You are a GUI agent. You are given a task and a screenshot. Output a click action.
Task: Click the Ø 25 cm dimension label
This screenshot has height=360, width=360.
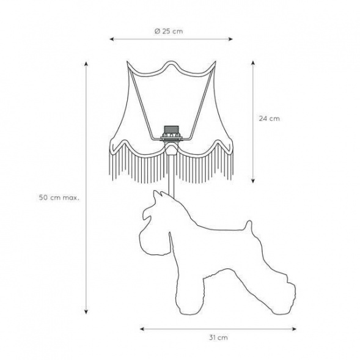[x=169, y=31]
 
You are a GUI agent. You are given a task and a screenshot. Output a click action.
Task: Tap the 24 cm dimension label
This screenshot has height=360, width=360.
[x=270, y=119]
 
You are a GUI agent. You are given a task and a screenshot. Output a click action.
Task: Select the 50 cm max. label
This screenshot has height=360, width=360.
[x=59, y=197]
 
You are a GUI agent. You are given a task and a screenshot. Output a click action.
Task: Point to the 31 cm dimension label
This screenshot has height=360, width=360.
[x=218, y=338]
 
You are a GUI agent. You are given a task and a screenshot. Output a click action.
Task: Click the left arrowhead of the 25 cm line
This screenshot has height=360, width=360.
[x=112, y=39]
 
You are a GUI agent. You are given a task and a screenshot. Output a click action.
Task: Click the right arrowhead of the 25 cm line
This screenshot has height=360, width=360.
[x=230, y=39]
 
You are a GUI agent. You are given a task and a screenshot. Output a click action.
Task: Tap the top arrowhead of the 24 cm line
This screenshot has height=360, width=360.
[x=253, y=63]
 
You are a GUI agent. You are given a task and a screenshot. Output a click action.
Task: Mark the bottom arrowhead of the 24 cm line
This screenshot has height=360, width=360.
[x=253, y=181]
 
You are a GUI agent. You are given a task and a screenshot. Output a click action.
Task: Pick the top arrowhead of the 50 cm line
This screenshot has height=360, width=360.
[x=86, y=64]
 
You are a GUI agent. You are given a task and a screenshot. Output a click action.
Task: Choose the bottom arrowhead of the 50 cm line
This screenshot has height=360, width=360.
[x=86, y=311]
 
